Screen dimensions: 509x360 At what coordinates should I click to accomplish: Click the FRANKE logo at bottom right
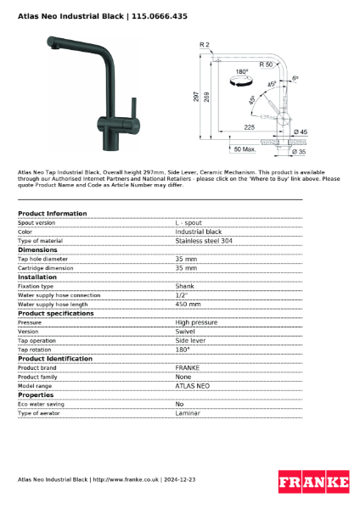[x=313, y=482]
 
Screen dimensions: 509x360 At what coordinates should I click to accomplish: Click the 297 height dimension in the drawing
[x=196, y=98]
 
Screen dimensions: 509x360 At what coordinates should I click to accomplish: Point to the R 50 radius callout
[x=267, y=64]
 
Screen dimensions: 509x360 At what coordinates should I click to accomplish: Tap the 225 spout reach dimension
[x=249, y=126]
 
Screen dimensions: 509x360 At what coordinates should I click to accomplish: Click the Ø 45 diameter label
[x=301, y=132]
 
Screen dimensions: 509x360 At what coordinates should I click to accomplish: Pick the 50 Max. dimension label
[x=244, y=149]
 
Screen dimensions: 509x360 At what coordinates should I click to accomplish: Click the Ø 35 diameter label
[x=300, y=151]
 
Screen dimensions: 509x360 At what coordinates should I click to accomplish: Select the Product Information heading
[x=52, y=214]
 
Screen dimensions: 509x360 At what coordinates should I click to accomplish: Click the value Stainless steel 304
[x=204, y=241]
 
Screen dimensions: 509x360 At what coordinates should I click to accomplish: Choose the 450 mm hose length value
[x=188, y=304]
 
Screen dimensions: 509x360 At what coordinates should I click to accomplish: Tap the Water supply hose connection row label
[x=59, y=294]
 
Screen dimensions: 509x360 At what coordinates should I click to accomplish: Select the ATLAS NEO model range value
[x=193, y=385]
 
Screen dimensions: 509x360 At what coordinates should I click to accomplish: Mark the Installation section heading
[x=37, y=277]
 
